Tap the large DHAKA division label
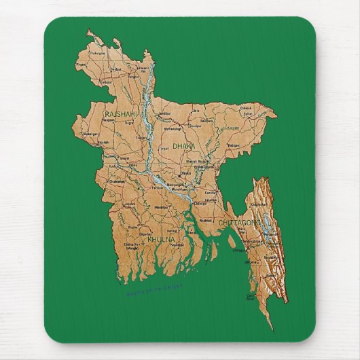[184, 146]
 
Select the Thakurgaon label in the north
[98, 52]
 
